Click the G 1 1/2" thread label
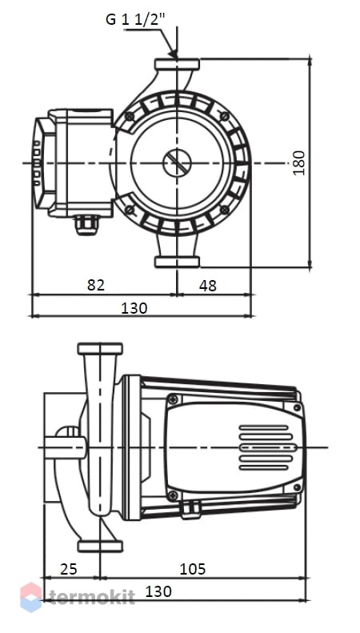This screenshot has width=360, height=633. coord(136,19)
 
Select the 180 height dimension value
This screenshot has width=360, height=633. coord(299,162)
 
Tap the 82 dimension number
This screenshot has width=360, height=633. coord(96,285)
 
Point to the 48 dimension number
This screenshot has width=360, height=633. coord(208,286)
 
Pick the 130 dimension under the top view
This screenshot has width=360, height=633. coord(134,308)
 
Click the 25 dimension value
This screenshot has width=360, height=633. coord(69,569)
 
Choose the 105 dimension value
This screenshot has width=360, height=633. coord(193,569)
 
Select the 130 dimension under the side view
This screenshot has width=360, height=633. coord(158,591)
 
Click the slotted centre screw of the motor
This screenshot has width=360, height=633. coord(177,163)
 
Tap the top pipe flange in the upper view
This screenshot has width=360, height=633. coord(177,65)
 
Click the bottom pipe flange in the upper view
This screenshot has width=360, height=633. coord(177,262)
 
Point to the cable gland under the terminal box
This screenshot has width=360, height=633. coord(86,225)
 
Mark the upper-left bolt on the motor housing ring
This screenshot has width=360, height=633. coord(130,116)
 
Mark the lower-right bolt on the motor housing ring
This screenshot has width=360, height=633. coord(225,210)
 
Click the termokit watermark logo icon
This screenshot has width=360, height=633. coord(31,597)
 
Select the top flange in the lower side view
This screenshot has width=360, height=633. coord(100,349)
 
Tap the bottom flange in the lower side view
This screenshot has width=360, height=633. coord(100,547)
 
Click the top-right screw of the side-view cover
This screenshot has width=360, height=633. coord(298,407)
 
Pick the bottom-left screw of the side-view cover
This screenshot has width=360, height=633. coord(173,495)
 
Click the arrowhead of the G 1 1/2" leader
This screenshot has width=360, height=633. coord(173,54)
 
